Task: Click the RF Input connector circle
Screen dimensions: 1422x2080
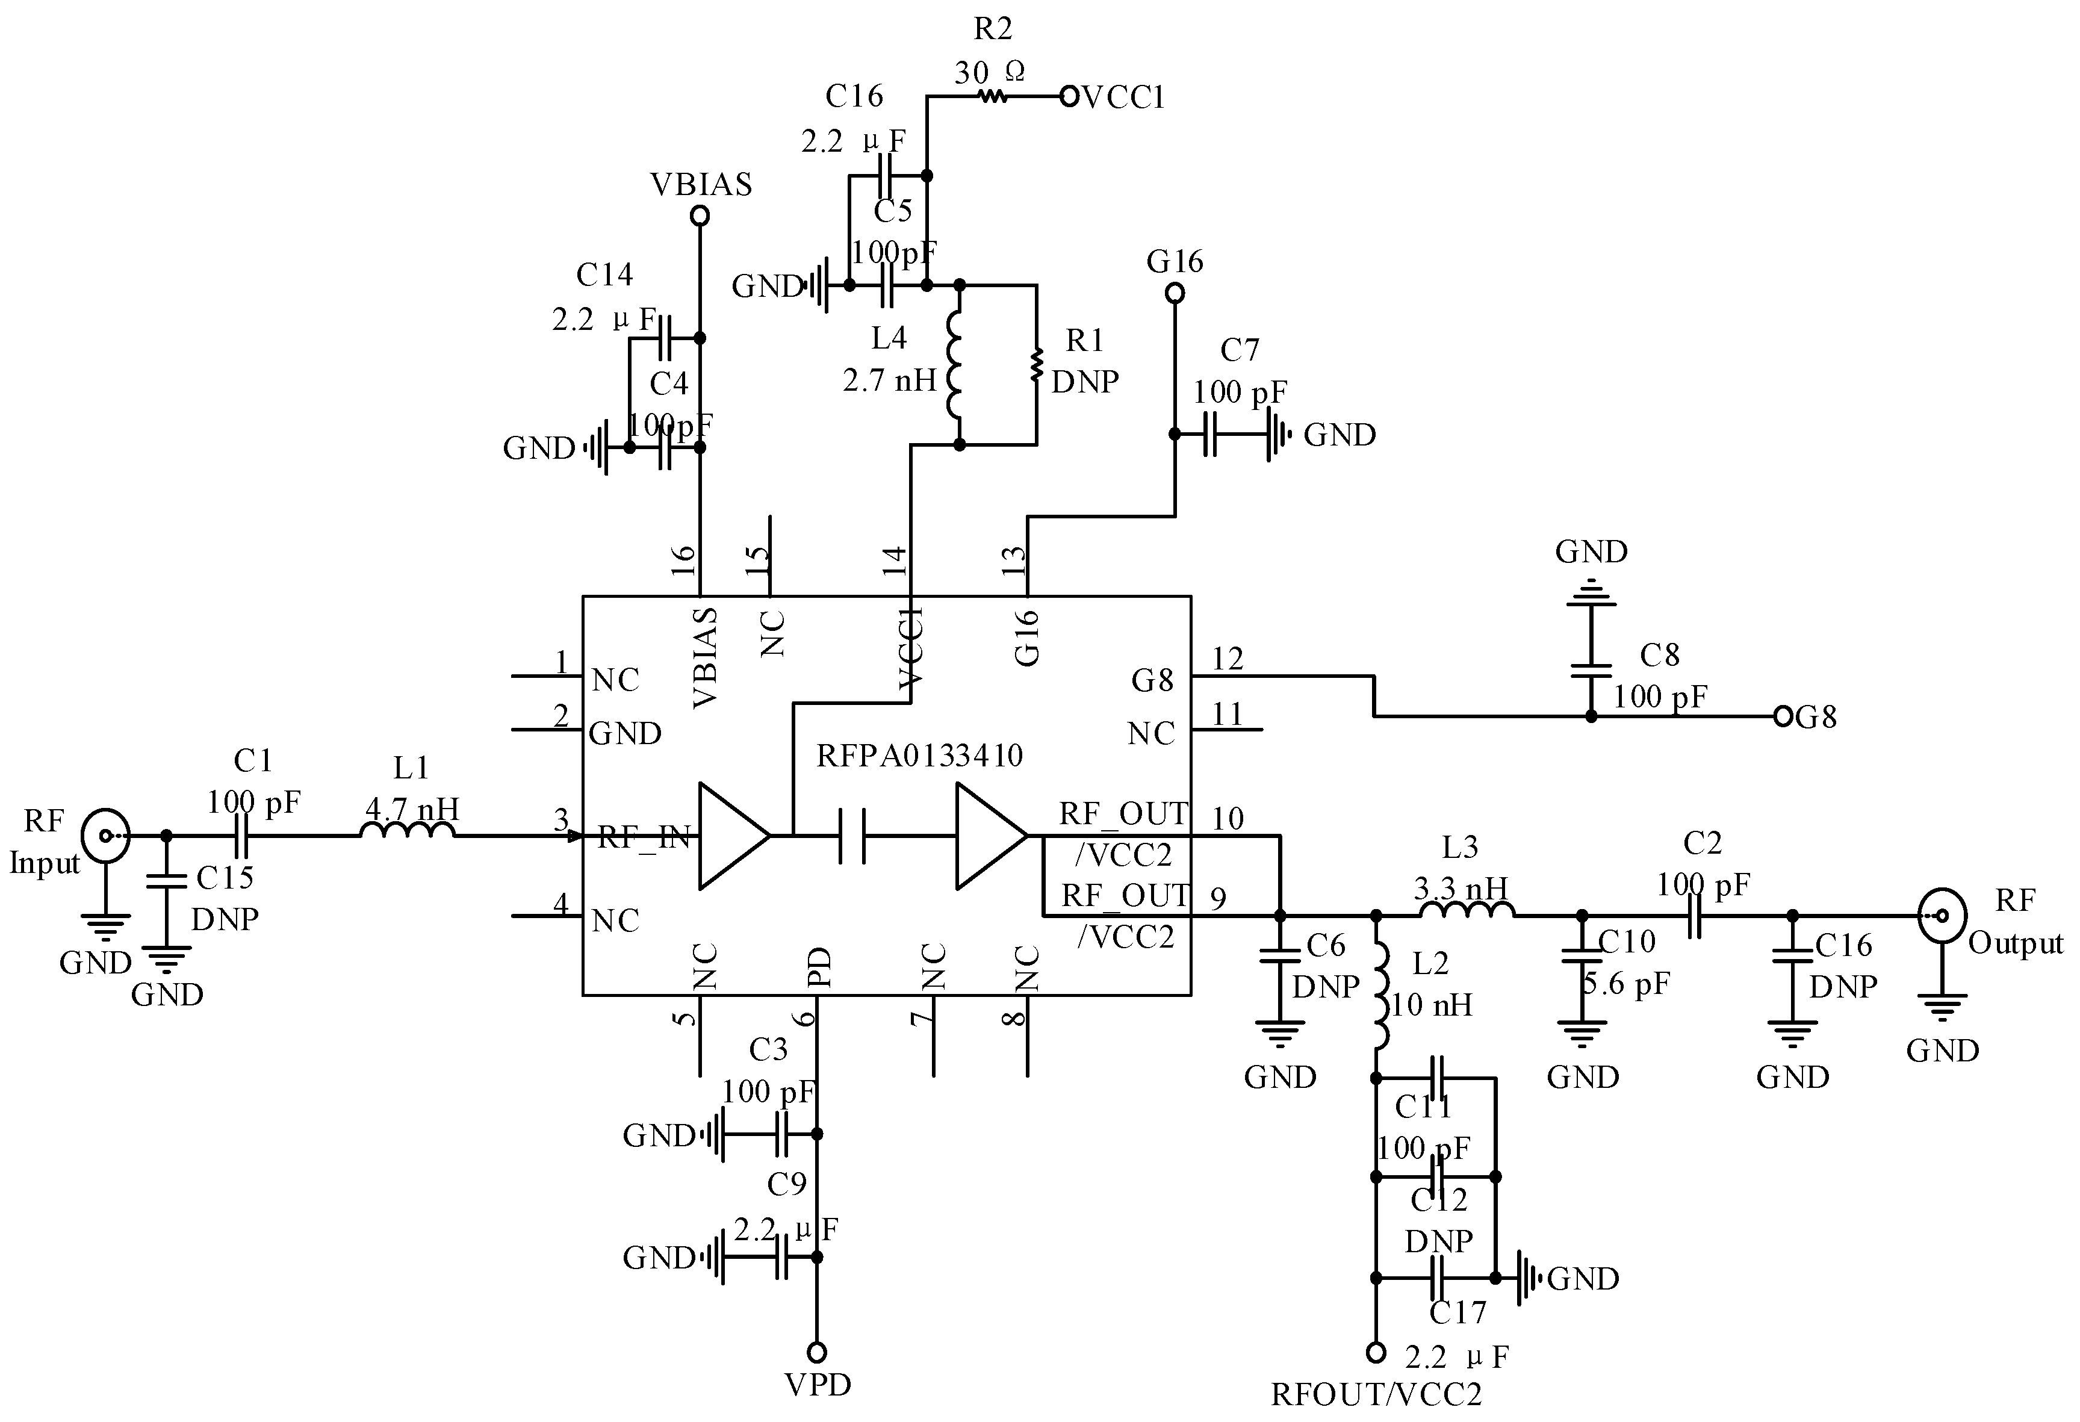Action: (x=105, y=836)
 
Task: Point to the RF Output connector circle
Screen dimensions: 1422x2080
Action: (x=1942, y=916)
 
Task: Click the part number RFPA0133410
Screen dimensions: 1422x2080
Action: (x=919, y=756)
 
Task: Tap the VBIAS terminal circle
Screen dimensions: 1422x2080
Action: (x=701, y=216)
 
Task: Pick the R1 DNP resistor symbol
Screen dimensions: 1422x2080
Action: (x=1037, y=364)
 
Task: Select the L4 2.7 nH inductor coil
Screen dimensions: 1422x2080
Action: (x=955, y=364)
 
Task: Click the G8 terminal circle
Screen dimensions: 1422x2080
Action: (x=1782, y=716)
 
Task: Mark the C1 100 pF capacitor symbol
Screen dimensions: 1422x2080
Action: (x=240, y=836)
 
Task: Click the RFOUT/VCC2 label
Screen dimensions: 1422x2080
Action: (x=1376, y=1393)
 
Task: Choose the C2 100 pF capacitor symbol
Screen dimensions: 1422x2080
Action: (x=1693, y=916)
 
